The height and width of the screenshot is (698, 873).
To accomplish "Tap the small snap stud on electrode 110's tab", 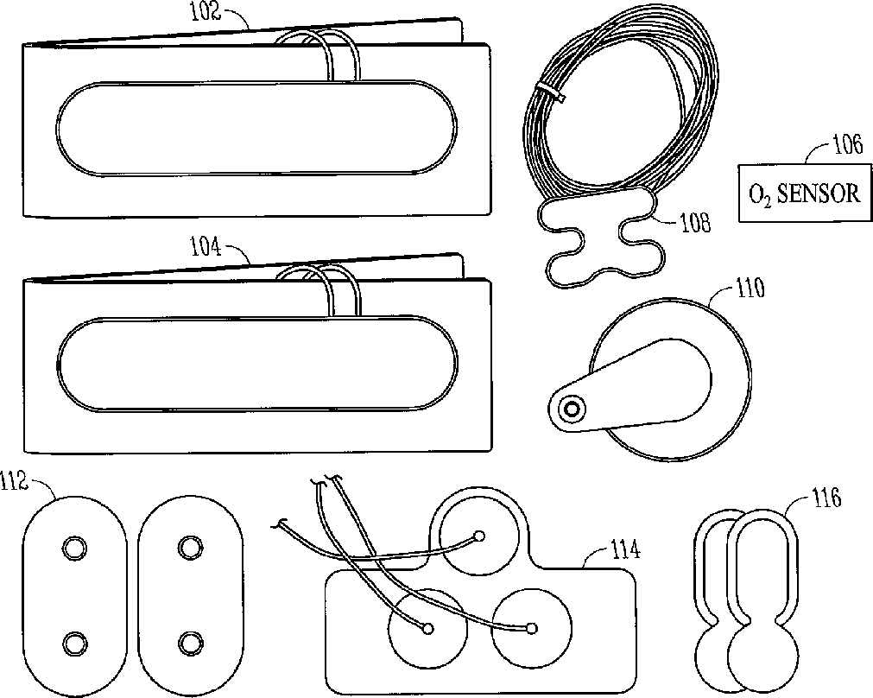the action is coord(570,409).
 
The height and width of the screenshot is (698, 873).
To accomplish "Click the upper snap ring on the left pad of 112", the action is coord(73,547).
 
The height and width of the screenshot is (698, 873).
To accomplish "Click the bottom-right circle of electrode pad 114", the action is coord(532,628).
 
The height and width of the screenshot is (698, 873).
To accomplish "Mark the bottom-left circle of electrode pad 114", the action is coord(427,628).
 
